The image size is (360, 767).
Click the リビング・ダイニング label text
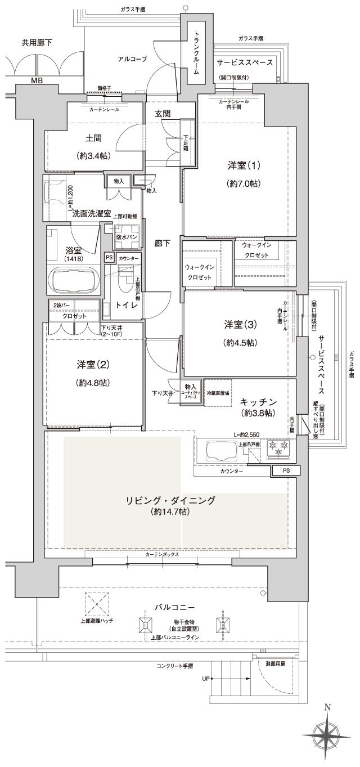coord(170,500)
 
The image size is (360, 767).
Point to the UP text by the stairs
coord(206,678)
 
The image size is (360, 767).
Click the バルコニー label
coord(175,608)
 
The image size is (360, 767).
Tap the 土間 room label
coord(93,137)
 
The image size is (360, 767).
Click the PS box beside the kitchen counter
coord(286,470)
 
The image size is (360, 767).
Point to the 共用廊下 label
coord(37,43)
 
